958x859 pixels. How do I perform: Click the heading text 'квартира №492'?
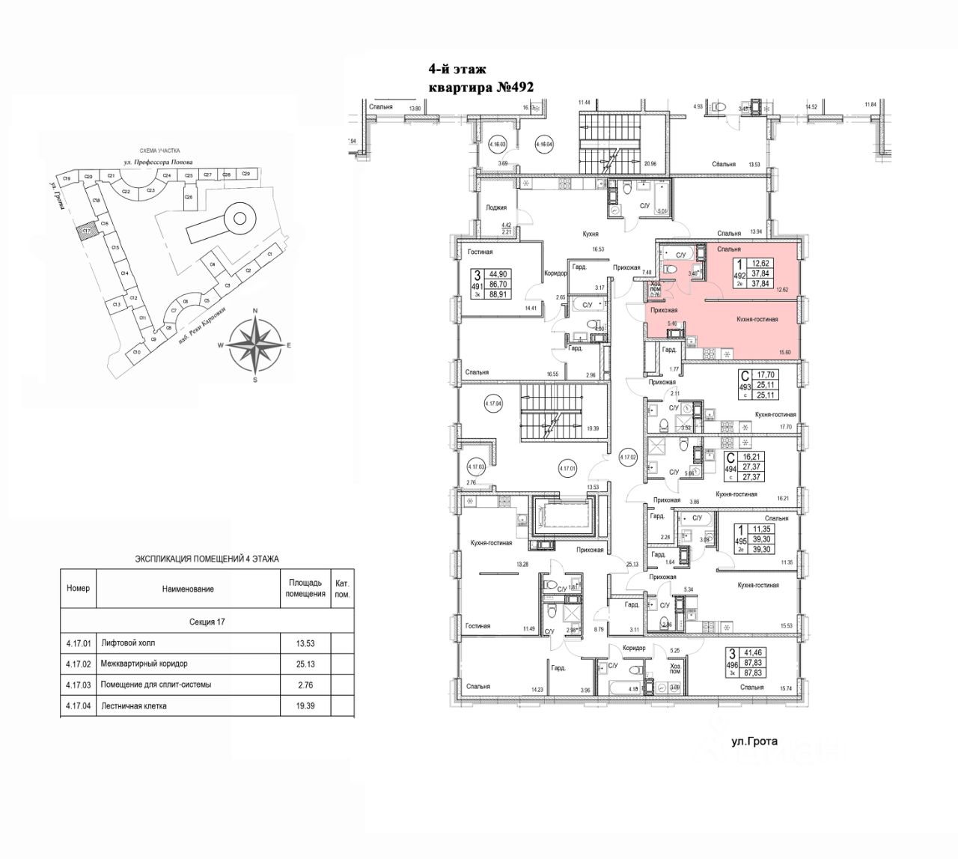tap(480, 88)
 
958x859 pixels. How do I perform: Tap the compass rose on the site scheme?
tap(256, 345)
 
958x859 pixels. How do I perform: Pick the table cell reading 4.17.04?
tap(77, 705)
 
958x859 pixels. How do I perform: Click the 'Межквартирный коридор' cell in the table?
tap(144, 664)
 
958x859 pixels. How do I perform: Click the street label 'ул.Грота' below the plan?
tap(754, 742)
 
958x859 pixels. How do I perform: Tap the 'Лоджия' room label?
tap(497, 208)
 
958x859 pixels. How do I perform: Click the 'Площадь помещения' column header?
tap(306, 588)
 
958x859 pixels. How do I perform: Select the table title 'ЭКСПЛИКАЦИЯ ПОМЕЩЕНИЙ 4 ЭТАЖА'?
tap(207, 559)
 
